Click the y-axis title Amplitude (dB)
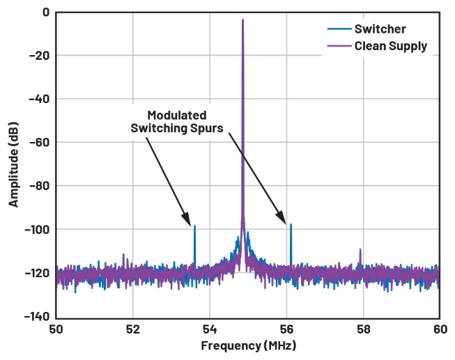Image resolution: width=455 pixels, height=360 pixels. coord(14,164)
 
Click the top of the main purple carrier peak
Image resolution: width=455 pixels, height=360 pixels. coord(242,20)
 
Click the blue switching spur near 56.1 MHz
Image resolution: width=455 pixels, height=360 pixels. coord(291,225)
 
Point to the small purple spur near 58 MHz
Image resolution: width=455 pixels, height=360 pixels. coord(360,251)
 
